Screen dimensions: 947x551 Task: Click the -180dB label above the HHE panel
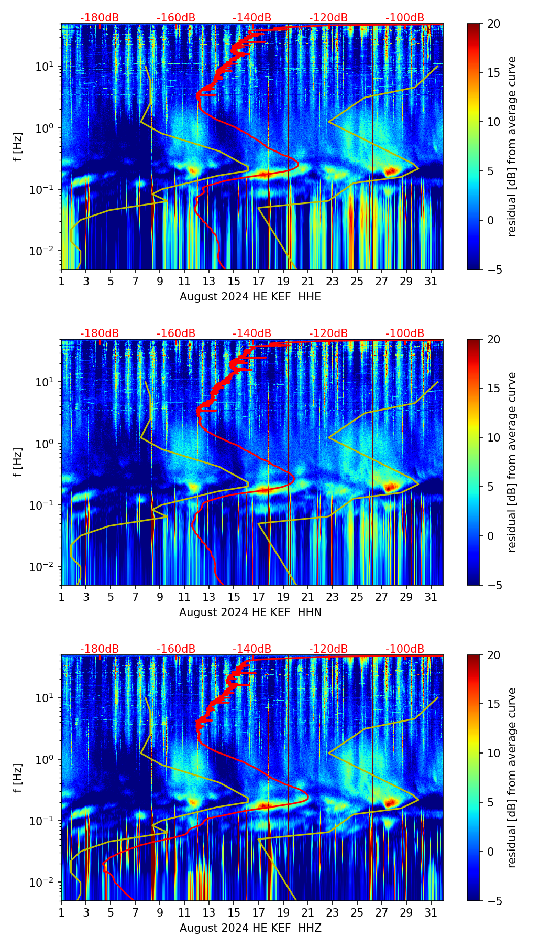pyautogui.click(x=100, y=18)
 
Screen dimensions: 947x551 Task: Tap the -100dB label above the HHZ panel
pyautogui.click(x=405, y=649)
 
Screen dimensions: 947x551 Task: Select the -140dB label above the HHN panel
pyautogui.click(x=252, y=333)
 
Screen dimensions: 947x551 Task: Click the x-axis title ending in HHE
pyautogui.click(x=250, y=297)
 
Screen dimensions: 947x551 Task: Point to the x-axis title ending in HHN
pyautogui.click(x=250, y=612)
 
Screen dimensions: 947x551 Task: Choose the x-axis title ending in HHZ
pyautogui.click(x=250, y=928)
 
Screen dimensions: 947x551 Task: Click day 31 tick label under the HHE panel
pyautogui.click(x=431, y=281)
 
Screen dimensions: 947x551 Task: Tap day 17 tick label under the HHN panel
pyautogui.click(x=258, y=597)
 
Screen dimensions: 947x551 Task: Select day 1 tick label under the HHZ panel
pyautogui.click(x=61, y=912)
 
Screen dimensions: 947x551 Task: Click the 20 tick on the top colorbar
pyautogui.click(x=493, y=24)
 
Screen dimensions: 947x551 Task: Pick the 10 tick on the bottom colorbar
pyautogui.click(x=493, y=753)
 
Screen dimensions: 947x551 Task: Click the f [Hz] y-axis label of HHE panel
pyautogui.click(x=18, y=147)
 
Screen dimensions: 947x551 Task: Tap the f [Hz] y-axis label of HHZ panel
pyautogui.click(x=18, y=778)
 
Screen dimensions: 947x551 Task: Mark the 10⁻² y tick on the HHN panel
pyautogui.click(x=44, y=567)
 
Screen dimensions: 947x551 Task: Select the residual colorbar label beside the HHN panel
pyautogui.click(x=512, y=462)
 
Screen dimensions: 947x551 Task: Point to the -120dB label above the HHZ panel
pyautogui.click(x=328, y=649)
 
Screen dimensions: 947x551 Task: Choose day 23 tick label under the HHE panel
pyautogui.click(x=332, y=281)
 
